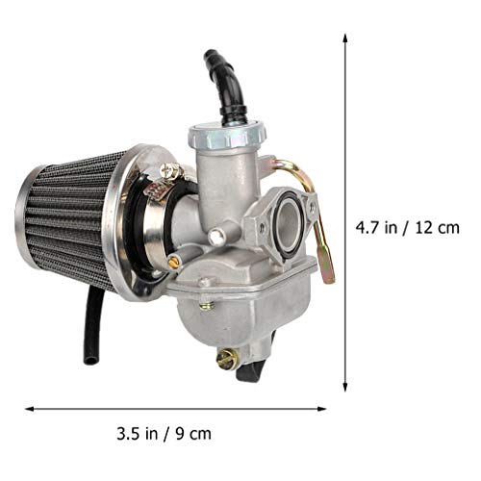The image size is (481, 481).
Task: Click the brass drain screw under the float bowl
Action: (227, 359)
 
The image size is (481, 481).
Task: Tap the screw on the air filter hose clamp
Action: (170, 173)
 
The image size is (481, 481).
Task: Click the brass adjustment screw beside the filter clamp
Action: (174, 261)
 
